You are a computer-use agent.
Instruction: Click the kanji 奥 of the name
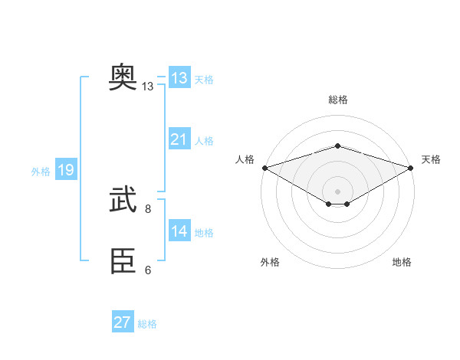(123, 77)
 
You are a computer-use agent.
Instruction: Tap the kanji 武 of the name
(123, 200)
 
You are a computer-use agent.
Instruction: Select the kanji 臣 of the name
(123, 262)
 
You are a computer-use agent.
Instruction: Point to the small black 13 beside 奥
(148, 87)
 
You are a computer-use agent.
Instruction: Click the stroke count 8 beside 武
(148, 208)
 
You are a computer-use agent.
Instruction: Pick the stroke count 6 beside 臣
(148, 270)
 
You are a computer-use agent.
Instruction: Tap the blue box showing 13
(179, 78)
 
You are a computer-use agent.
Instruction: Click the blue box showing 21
(179, 139)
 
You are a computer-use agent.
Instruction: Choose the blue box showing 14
(179, 231)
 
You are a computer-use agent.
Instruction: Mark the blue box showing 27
(123, 322)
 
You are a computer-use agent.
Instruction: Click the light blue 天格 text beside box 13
(204, 80)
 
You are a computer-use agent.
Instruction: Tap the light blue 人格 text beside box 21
(204, 141)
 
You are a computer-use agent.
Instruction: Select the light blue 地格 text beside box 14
(204, 233)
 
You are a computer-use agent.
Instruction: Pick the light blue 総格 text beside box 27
(147, 324)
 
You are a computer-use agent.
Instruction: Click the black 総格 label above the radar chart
(337, 100)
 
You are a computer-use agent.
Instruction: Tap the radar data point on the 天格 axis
(411, 167)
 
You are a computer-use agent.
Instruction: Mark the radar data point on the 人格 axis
(264, 167)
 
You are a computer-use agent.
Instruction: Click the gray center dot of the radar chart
(337, 191)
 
